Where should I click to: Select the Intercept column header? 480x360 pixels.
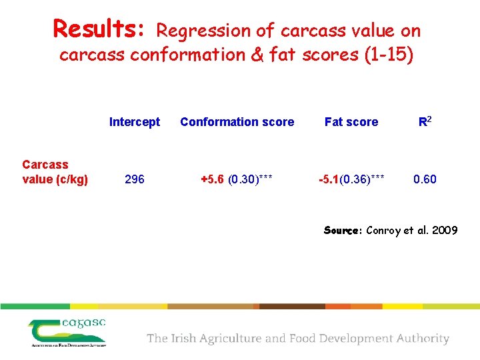pos(135,122)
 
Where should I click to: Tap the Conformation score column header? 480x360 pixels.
pos(237,122)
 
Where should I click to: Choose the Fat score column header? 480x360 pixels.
pos(351,122)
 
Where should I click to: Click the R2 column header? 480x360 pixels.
pos(425,121)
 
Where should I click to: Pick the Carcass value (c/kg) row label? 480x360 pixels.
pos(55,172)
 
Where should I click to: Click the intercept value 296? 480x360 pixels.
pos(135,179)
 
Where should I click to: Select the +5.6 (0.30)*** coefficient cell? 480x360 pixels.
pos(237,179)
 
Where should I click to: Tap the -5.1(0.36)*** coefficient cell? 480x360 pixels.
pos(351,179)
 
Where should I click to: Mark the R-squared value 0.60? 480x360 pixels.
pos(425,179)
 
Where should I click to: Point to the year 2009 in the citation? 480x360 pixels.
pos(444,231)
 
